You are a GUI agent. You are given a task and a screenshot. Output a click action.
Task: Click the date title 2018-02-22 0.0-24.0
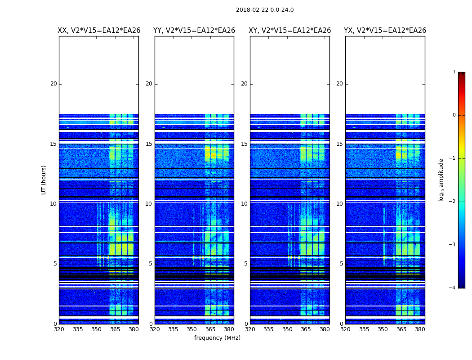[265, 10]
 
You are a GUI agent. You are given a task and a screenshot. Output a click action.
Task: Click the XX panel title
[99, 31]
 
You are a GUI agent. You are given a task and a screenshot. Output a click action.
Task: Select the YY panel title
[194, 31]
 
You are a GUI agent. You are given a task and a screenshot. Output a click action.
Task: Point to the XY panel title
[290, 31]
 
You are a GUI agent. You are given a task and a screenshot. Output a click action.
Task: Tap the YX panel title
[385, 31]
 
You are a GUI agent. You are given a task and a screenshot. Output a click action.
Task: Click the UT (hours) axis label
[44, 180]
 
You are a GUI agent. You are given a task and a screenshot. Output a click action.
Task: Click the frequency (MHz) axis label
[217, 338]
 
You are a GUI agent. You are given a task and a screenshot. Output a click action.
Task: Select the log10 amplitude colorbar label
[441, 180]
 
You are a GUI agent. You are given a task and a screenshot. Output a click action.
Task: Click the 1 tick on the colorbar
[454, 72]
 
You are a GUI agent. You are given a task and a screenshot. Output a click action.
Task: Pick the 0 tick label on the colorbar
[454, 115]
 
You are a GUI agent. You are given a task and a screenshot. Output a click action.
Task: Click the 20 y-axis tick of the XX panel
[53, 84]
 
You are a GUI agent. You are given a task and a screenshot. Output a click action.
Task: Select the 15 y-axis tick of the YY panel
[149, 144]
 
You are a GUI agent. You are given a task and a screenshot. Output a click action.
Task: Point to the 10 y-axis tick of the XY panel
[244, 204]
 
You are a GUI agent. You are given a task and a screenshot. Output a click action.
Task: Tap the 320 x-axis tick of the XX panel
[59, 329]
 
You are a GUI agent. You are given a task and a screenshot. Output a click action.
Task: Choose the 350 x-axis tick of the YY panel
[192, 329]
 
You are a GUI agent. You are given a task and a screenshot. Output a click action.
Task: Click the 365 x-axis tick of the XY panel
[306, 329]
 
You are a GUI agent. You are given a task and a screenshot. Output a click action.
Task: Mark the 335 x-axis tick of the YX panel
[364, 329]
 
